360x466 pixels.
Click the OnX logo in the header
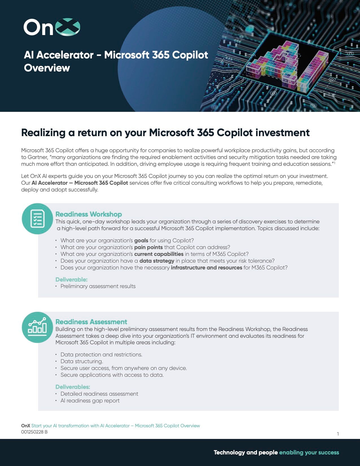pos(52,27)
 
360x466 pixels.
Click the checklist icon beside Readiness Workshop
pos(37,219)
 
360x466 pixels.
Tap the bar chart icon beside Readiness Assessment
pos(37,327)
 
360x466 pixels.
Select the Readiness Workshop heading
pos(89,214)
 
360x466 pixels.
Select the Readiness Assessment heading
pos(91,322)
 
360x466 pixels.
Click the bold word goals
pos(141,240)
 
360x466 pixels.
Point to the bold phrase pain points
pos(149,247)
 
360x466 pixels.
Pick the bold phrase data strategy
pos(157,261)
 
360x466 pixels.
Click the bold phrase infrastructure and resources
pos(206,267)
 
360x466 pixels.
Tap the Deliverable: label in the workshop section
pos(71,279)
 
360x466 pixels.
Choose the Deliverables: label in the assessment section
pos(73,387)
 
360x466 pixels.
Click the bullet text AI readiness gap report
pos(90,400)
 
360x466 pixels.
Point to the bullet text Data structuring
pos(82,361)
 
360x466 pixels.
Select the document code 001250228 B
pos(34,432)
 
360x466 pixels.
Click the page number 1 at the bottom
pos(338,434)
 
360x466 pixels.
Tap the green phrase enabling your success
pos(309,452)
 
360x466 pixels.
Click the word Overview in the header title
pos(47,68)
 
